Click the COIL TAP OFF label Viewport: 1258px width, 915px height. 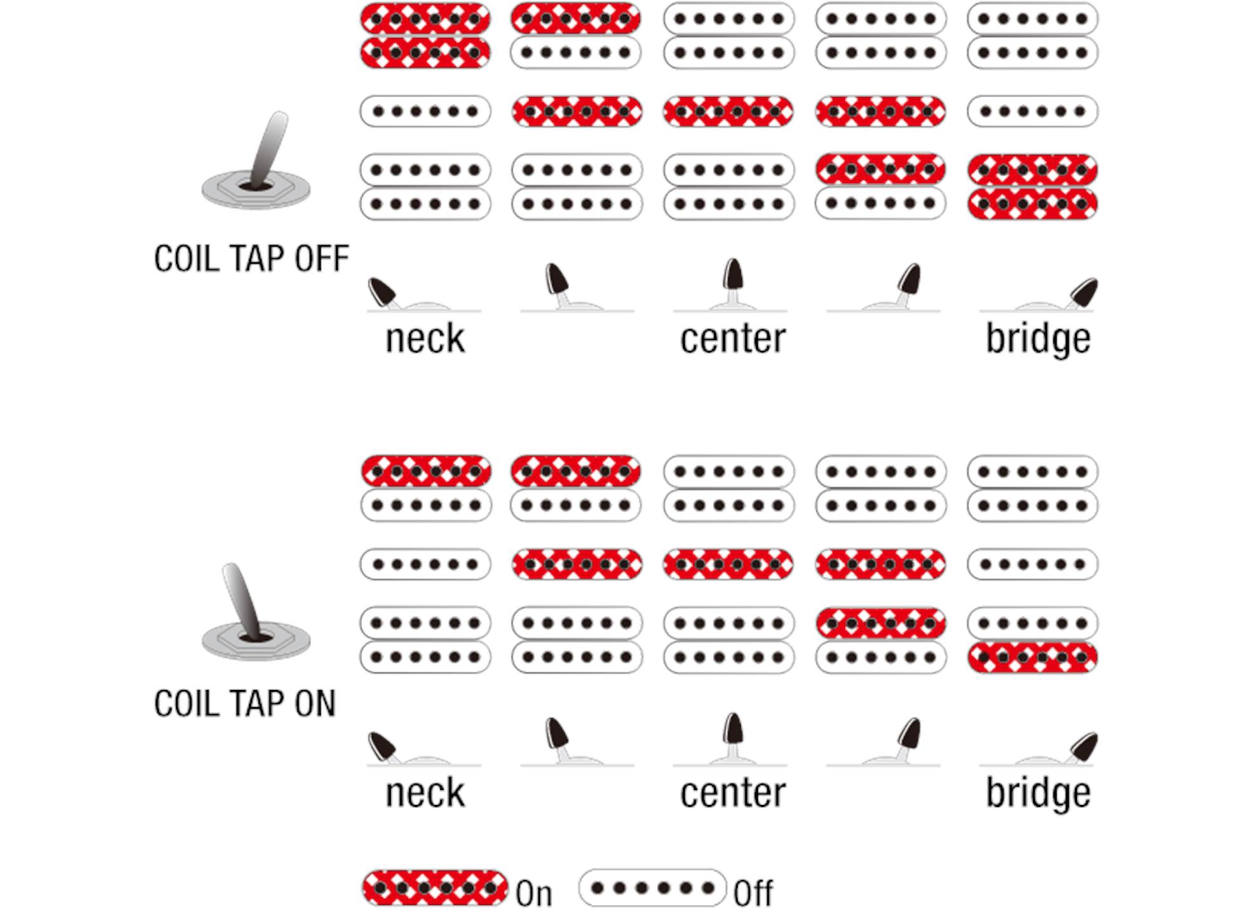click(x=252, y=259)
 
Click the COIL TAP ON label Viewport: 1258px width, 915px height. click(x=245, y=703)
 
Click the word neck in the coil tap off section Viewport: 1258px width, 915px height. click(x=425, y=338)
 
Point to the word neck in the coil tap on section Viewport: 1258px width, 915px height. click(x=425, y=792)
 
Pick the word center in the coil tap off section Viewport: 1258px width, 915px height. click(x=733, y=338)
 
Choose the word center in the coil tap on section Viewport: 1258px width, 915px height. click(x=733, y=792)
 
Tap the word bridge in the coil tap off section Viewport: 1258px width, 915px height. click(x=1038, y=338)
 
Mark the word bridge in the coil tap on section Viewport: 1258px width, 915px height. click(x=1038, y=792)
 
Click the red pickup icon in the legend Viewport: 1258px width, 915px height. click(x=435, y=888)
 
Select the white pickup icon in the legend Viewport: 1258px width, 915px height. click(x=653, y=888)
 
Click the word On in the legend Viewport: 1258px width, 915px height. click(x=534, y=893)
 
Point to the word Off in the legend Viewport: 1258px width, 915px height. click(x=753, y=893)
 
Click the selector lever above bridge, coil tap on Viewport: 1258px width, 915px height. click(x=1083, y=747)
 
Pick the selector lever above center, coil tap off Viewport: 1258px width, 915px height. click(x=733, y=280)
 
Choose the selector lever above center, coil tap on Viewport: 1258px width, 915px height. click(x=733, y=734)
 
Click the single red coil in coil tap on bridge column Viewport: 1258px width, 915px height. click(x=1032, y=657)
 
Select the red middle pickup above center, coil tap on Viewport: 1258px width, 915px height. click(x=729, y=564)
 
